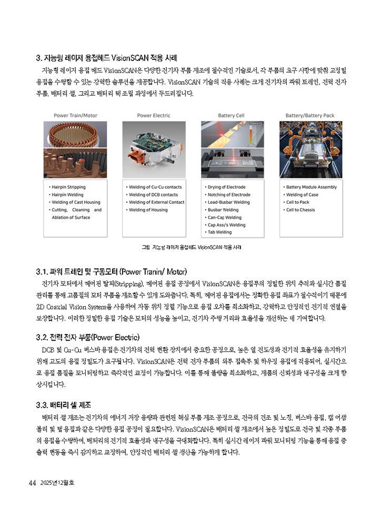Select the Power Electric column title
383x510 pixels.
coord(153,115)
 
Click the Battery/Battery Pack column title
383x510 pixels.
coord(310,115)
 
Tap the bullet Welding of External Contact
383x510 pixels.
coord(156,202)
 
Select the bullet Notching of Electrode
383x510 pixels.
coord(229,195)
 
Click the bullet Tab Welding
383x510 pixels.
coord(221,232)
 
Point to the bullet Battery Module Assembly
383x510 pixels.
coord(311,187)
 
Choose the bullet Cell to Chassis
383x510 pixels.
coord(301,210)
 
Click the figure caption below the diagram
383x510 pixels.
coord(191,247)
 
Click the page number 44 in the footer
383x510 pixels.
coord(33,483)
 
